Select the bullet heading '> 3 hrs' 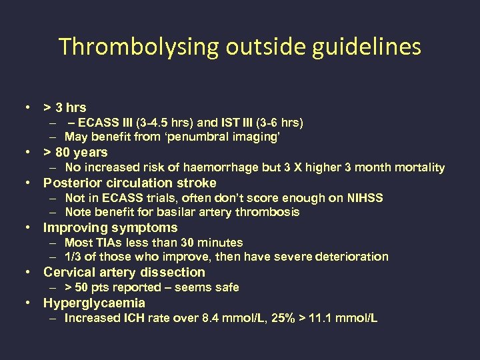pos(65,107)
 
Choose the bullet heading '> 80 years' pos(75,152)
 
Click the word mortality pos(419,167)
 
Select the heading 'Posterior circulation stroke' pos(130,183)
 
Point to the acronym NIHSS pos(365,197)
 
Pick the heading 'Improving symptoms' pos(111,227)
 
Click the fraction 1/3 pos(72,257)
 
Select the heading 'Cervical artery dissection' pos(124,272)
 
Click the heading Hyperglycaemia pos(94,303)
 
